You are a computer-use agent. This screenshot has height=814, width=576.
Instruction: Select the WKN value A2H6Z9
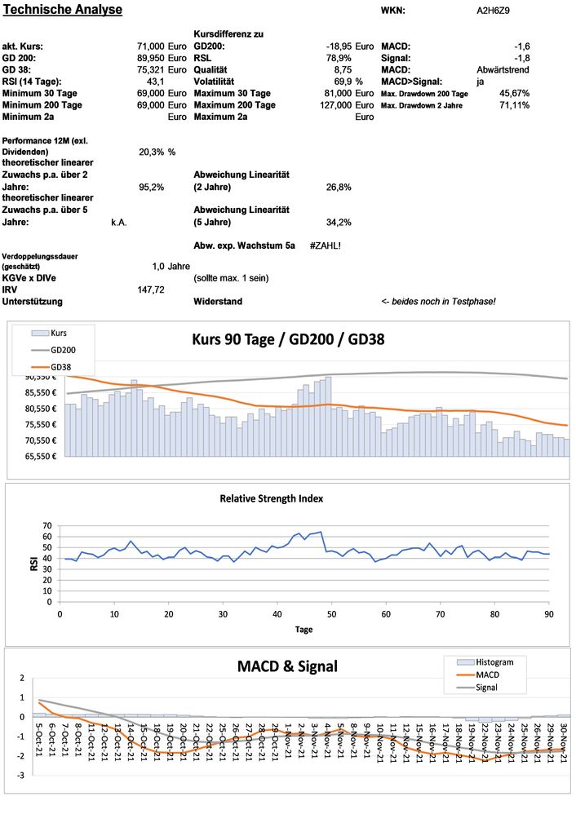pos(494,11)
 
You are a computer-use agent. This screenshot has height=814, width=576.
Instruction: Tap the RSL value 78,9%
pos(339,59)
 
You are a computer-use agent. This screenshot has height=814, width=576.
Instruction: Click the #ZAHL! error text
pos(325,245)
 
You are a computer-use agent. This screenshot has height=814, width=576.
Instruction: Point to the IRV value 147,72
pos(152,290)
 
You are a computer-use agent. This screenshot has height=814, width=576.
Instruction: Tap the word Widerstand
pos(217,302)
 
